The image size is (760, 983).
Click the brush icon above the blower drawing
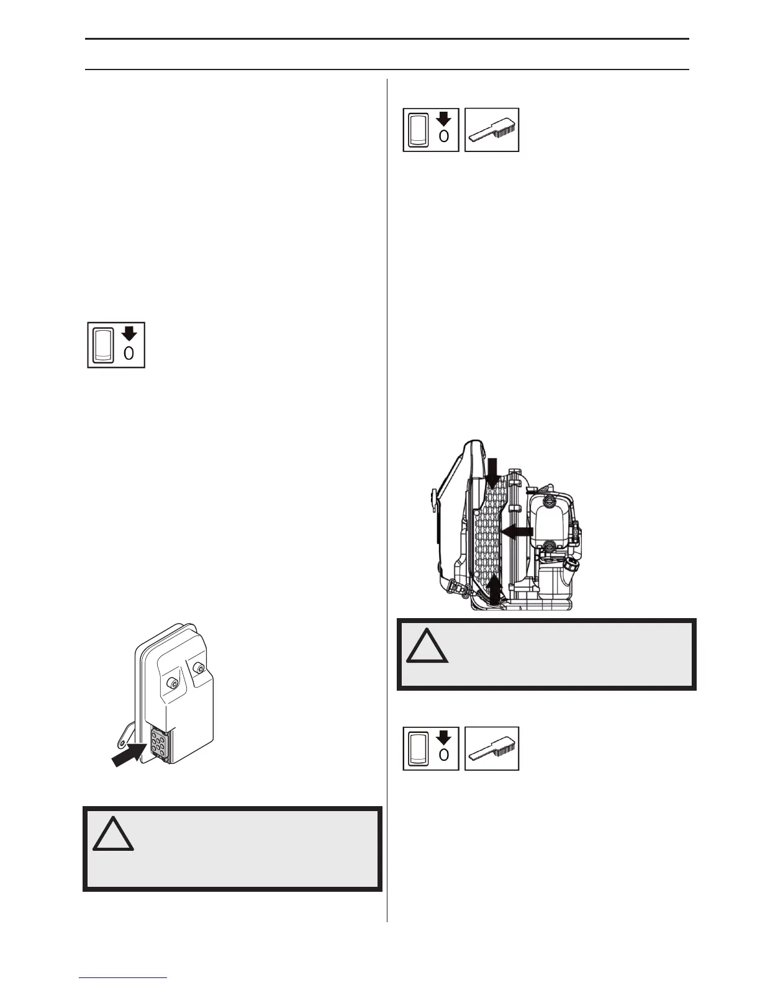(x=492, y=130)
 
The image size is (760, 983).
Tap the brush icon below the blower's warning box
(x=492, y=748)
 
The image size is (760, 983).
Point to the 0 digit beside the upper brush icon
(x=443, y=137)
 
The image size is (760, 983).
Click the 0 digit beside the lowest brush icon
(x=443, y=755)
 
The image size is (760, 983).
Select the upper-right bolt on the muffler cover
(x=198, y=668)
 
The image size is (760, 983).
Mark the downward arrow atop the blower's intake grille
(x=492, y=472)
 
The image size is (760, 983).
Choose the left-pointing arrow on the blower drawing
(x=517, y=531)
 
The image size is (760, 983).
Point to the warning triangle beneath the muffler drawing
(x=113, y=833)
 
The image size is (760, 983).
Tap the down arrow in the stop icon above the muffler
(x=129, y=333)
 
